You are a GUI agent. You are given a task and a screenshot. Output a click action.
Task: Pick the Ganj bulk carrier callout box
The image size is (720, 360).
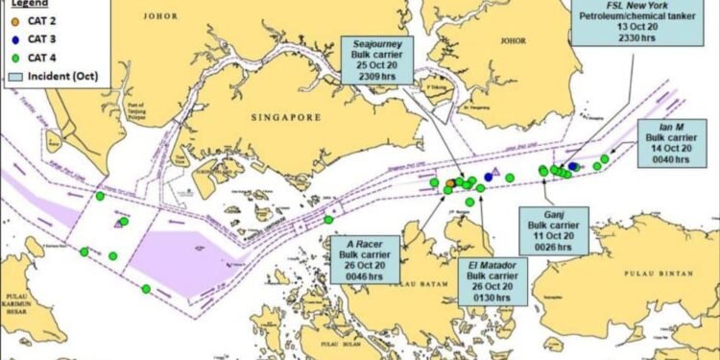[x=550, y=230]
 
